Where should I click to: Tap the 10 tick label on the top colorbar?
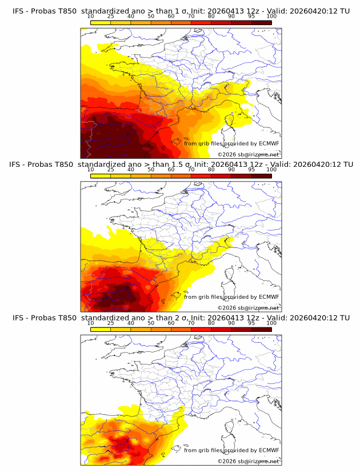[x=90, y=17]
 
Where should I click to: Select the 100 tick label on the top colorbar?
[x=271, y=17]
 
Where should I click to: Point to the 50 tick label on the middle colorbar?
[x=151, y=170]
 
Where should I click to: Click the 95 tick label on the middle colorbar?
[x=251, y=170]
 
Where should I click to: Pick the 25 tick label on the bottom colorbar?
[x=110, y=323]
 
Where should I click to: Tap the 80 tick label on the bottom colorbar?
[x=211, y=323]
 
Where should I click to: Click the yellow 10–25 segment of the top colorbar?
[x=101, y=22]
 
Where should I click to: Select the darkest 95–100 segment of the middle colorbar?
[x=261, y=175]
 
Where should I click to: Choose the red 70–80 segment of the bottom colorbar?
[x=201, y=328]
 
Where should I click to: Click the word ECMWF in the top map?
[x=269, y=143]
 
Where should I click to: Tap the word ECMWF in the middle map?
[x=269, y=296]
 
